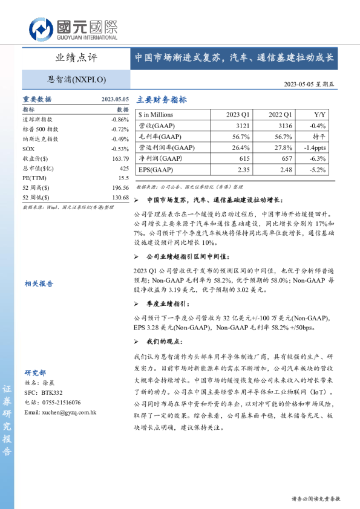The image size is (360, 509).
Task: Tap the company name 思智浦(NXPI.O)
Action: click(76, 79)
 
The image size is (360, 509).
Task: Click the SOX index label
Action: click(28, 149)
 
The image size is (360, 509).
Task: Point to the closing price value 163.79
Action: click(120, 158)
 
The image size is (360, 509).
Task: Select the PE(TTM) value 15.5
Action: click(123, 178)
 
